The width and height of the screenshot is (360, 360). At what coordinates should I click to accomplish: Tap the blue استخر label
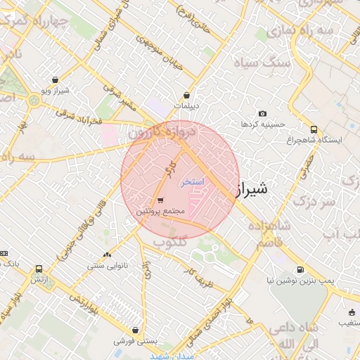click(x=191, y=181)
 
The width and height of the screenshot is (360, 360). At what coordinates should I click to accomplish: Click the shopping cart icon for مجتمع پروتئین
click(x=161, y=200)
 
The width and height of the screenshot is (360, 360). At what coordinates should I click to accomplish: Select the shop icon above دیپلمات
click(x=186, y=95)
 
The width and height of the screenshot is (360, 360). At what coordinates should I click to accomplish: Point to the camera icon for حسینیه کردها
click(x=262, y=114)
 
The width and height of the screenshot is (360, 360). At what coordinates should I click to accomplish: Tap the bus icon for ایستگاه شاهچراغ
click(x=314, y=129)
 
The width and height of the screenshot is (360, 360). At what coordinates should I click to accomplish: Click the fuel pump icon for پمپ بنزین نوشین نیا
click(x=300, y=269)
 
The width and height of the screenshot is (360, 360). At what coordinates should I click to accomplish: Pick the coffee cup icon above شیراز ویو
click(x=55, y=81)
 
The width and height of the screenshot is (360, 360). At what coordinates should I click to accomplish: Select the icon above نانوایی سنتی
click(x=107, y=255)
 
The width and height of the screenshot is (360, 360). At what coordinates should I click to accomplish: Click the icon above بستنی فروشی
click(x=135, y=330)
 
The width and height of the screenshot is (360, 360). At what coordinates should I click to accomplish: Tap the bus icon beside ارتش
click(x=38, y=269)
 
